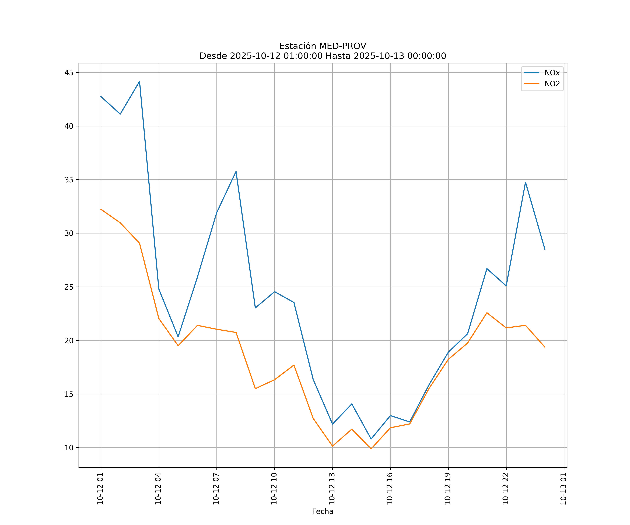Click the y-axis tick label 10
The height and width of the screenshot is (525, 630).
point(69,448)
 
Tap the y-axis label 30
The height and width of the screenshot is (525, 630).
point(69,233)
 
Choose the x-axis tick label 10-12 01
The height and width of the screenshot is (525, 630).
point(100,489)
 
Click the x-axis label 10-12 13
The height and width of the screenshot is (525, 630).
point(332,489)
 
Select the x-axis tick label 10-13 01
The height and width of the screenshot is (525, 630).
point(563,489)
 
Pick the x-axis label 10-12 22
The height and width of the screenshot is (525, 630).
point(506,489)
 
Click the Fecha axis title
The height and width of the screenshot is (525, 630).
point(323,512)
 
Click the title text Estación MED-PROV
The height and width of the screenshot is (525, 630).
point(323,46)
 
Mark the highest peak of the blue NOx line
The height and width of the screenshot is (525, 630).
point(139,81)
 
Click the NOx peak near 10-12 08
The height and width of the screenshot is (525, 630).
point(236,172)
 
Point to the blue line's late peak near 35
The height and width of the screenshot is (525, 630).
point(526,182)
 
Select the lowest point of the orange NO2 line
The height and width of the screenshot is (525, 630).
point(371,449)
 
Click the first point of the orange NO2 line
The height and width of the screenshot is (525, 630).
point(101,209)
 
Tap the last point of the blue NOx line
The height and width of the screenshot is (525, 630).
point(545,249)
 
